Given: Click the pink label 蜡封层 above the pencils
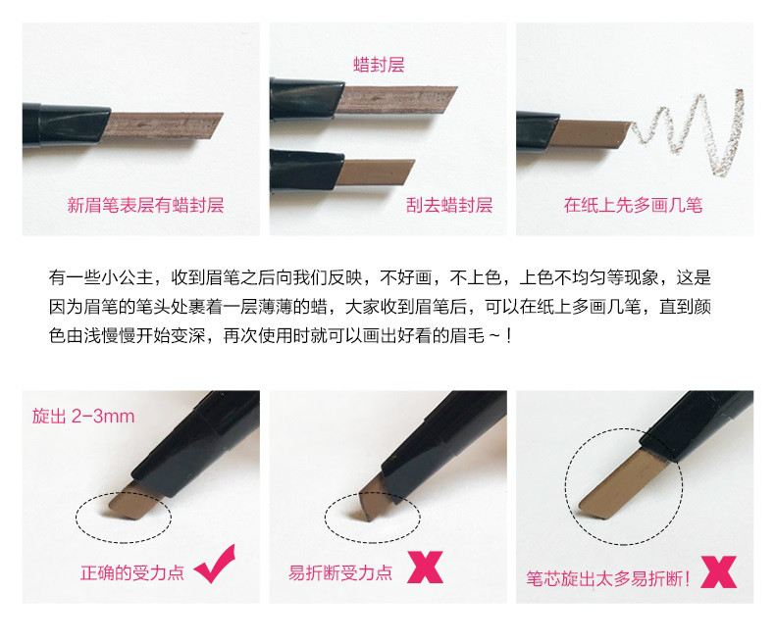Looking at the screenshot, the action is (x=379, y=65).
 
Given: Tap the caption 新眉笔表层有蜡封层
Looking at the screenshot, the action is (x=145, y=205).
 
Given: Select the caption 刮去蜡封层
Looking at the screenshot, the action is (x=448, y=205).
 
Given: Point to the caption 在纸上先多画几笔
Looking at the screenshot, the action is (x=633, y=205).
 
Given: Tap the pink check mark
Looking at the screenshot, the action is (x=215, y=564).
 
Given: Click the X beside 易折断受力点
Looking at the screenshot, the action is (x=425, y=567).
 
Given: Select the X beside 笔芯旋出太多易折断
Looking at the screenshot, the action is (x=719, y=571).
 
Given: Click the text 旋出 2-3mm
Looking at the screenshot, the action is (x=83, y=417).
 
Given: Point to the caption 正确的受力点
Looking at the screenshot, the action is (x=132, y=572).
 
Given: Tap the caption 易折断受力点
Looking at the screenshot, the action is (x=340, y=572).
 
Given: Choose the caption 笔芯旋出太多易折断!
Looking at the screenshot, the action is (x=607, y=578).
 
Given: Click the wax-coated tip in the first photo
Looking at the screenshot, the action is (x=162, y=126).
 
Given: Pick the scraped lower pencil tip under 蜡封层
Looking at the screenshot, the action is (x=377, y=172).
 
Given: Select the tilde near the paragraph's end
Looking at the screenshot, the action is (x=494, y=337).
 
